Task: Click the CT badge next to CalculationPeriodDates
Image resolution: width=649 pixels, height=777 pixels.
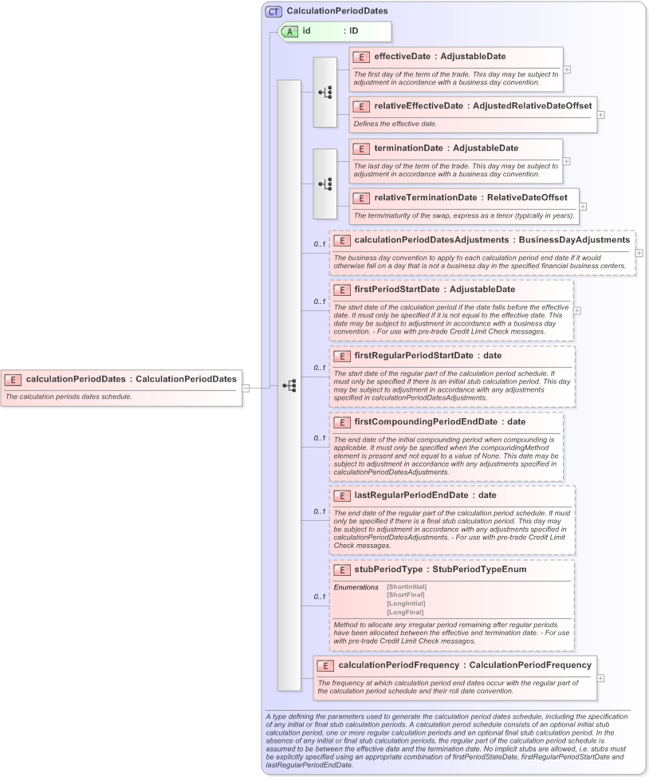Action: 273,11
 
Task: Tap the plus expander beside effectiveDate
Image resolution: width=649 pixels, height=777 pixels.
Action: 567,69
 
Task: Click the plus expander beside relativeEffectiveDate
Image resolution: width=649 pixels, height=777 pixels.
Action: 600,115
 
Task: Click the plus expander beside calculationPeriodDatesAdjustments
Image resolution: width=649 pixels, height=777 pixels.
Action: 639,253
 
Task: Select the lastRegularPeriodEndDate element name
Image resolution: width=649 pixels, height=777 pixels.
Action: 411,495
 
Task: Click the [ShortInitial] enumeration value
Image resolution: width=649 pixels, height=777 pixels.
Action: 406,587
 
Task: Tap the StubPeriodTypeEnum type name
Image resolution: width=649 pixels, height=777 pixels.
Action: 479,570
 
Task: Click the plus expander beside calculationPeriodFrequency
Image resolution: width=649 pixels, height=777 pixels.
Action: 600,678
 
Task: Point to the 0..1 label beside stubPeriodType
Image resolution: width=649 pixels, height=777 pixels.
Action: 319,597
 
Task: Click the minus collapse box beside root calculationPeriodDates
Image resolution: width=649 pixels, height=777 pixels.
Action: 246,388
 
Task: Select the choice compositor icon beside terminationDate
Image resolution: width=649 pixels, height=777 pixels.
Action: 325,183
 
